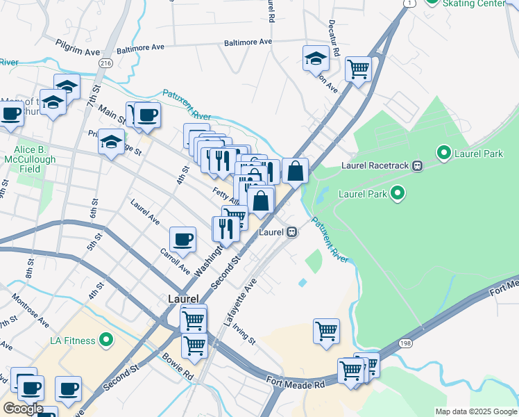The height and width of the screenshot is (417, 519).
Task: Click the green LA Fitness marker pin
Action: [x=105, y=340]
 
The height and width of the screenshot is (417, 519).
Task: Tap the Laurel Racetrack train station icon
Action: [x=418, y=165]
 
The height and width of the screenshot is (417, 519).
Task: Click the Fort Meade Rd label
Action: [x=296, y=382]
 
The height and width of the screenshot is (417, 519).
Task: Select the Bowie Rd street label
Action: [x=179, y=369]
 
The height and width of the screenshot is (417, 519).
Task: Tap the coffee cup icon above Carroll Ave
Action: [x=183, y=239]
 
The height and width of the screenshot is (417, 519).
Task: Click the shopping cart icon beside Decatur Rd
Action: [x=358, y=68]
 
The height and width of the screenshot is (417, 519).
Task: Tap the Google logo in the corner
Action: [x=22, y=408]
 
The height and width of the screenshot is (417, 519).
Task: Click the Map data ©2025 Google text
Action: [x=476, y=411]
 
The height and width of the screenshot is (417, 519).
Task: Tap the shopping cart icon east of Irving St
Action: [x=326, y=331]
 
